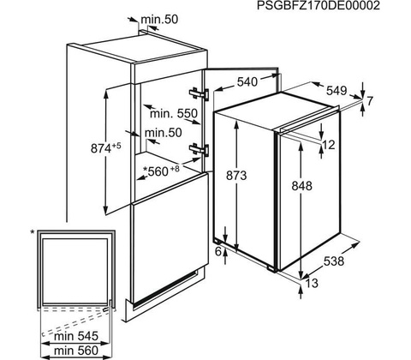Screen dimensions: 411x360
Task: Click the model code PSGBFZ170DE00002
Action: [x=319, y=6]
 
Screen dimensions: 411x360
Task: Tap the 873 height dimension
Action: [x=236, y=176]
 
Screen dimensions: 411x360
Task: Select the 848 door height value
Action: [x=302, y=186]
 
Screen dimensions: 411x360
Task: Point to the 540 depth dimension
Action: [x=247, y=82]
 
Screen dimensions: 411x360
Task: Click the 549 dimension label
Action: [x=337, y=91]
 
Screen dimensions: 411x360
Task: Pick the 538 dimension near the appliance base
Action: [x=334, y=261]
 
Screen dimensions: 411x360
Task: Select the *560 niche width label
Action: [x=161, y=171]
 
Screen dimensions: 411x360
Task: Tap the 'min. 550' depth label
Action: [x=174, y=114]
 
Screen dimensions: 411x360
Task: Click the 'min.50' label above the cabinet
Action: [x=159, y=19]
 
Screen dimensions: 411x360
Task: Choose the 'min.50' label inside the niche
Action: [x=164, y=133]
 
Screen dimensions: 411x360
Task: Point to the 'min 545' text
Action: [x=76, y=336]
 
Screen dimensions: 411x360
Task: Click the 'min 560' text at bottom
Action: [x=76, y=351]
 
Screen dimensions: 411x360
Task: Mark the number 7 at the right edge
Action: [x=370, y=101]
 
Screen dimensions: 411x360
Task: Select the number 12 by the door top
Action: [x=329, y=145]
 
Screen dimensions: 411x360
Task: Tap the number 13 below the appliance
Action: [x=312, y=283]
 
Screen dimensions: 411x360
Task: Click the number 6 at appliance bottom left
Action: [x=218, y=252]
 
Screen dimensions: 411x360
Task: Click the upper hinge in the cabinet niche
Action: [x=199, y=93]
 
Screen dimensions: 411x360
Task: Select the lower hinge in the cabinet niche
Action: [x=199, y=149]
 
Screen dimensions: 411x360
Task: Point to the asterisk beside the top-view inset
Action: [x=33, y=232]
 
